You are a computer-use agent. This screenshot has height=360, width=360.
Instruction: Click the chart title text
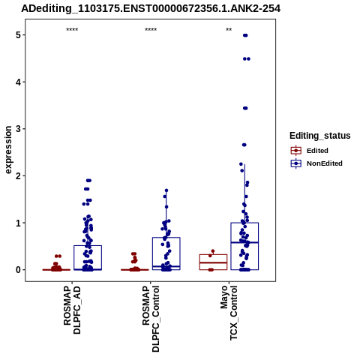click(151, 8)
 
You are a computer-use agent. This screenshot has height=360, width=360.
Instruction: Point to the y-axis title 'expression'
click(8, 150)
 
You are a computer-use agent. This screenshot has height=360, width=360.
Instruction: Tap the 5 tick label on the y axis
click(19, 35)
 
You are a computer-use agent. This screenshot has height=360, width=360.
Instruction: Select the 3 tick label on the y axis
click(19, 129)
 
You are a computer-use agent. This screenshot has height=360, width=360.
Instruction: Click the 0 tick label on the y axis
click(19, 270)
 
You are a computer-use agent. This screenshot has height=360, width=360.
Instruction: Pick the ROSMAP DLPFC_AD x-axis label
click(72, 310)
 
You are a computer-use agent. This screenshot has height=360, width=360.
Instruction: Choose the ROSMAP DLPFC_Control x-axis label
click(151, 319)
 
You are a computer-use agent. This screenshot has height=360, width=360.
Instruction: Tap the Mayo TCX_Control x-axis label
click(229, 313)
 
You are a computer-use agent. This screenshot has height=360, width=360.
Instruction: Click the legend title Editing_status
click(320, 136)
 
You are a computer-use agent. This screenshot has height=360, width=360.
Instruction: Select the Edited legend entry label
click(317, 151)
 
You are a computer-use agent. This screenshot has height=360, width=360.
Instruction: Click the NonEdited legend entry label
click(325, 163)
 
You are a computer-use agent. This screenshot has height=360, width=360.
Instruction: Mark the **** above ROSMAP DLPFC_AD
click(72, 30)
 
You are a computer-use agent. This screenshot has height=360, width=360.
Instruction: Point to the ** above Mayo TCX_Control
click(229, 29)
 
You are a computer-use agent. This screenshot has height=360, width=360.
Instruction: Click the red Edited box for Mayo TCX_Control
click(213, 255)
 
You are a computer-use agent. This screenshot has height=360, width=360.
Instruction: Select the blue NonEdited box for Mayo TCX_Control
click(244, 223)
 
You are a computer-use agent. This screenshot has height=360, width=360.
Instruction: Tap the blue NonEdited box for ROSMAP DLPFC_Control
click(166, 238)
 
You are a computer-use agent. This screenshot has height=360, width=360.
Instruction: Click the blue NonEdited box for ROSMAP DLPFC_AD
click(88, 246)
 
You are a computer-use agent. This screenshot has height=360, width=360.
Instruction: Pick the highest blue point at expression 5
click(245, 35)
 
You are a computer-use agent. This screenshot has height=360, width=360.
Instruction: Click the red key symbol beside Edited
click(296, 151)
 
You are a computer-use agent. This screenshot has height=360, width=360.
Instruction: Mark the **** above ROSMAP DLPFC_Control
click(151, 30)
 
